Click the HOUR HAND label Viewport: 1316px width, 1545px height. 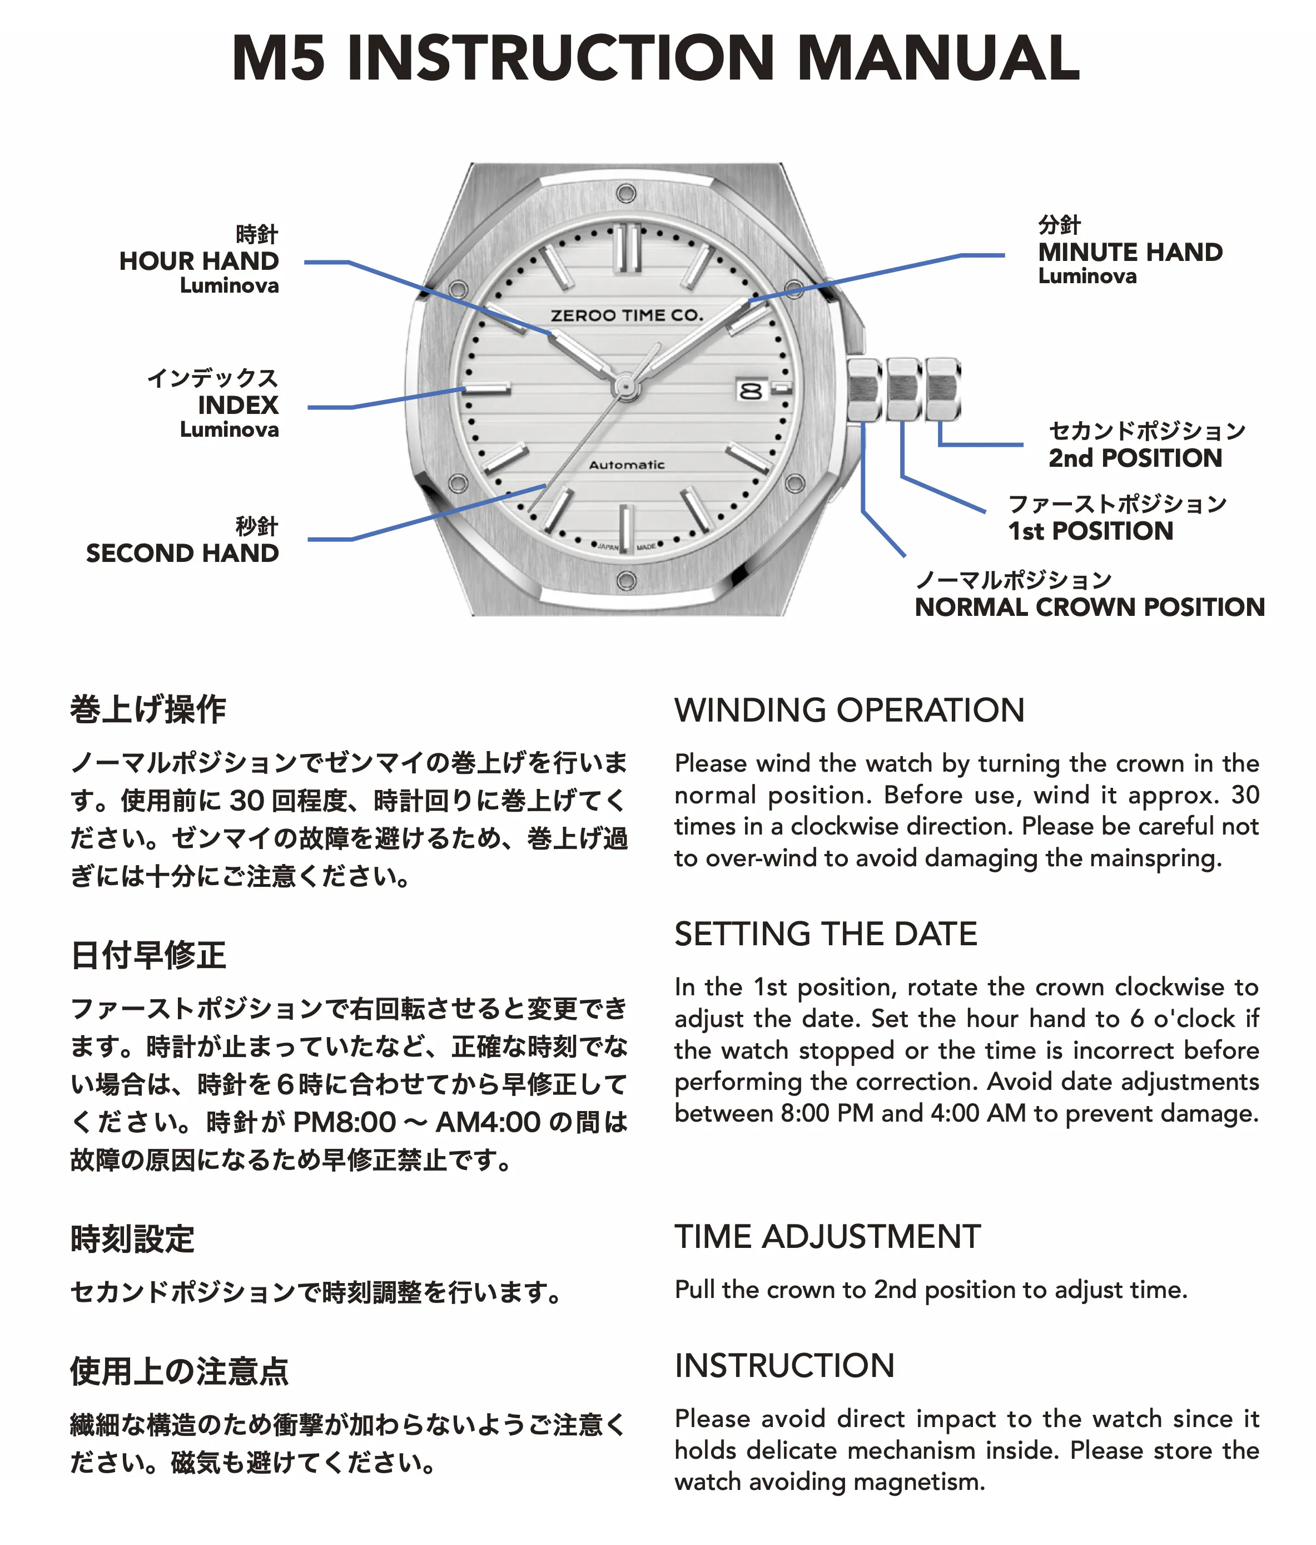coord(198,261)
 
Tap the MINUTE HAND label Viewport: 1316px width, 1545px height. coord(1130,252)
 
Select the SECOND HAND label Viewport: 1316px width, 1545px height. coord(182,553)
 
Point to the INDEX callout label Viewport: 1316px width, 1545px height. coord(238,405)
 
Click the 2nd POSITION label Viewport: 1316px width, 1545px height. coord(1135,458)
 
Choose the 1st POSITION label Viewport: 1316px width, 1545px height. coord(1090,531)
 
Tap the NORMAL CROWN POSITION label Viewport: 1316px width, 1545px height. coord(1090,607)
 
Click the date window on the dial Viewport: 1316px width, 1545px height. coord(751,390)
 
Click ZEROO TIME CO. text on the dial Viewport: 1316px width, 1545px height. coord(627,315)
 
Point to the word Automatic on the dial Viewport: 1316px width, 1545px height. coord(627,465)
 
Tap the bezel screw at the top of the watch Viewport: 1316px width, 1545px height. coord(626,194)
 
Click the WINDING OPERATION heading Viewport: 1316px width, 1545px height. coord(850,710)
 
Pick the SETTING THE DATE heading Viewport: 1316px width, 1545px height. coord(826,934)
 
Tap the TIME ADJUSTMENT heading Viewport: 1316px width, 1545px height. coord(827,1236)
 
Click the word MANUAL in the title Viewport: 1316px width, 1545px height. coord(937,58)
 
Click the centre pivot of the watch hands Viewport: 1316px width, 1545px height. coord(624,386)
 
